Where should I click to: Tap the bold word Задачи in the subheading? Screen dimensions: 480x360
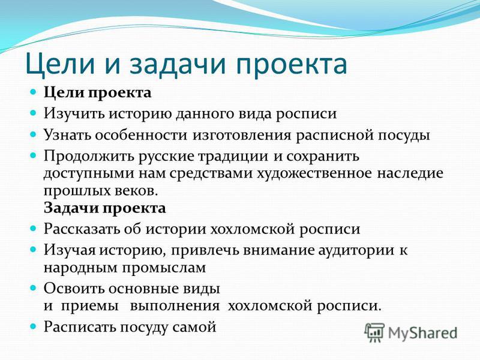coord(71,208)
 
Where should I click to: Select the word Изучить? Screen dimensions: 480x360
coord(74,114)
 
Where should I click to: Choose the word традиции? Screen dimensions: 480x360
coord(233,157)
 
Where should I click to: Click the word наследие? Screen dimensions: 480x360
coord(410,173)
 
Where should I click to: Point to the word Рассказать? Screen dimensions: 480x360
coord(82,229)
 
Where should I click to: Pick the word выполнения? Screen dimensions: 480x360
coord(175,306)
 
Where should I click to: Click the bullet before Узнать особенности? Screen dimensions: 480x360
coord(33,134)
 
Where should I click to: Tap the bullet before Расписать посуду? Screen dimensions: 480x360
coord(33,326)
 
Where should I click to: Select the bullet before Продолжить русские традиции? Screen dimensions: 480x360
coord(33,155)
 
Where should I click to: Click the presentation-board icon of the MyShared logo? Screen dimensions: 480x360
coord(374,332)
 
